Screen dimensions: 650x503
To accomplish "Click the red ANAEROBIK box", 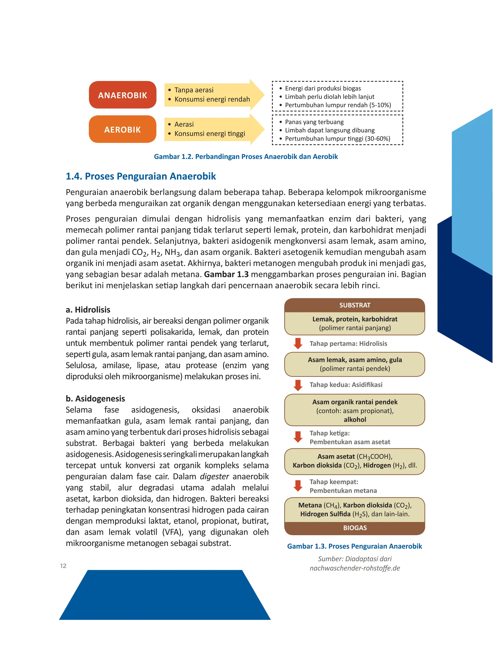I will pos(123,95).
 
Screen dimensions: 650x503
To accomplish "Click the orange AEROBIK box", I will pos(123,129).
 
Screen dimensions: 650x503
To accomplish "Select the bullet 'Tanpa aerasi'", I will pos(194,90).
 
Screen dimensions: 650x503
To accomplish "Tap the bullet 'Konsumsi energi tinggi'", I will pos(210,134).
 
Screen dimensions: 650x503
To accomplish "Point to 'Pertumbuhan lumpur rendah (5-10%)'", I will pos(338,105).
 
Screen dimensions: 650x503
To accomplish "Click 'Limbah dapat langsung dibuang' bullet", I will pos(330,130).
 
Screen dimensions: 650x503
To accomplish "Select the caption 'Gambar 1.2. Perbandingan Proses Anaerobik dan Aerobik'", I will pos(246,156).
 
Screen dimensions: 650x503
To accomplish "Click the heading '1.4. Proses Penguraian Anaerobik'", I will pos(141,176).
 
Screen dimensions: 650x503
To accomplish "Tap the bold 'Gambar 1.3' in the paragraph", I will pos(226,274).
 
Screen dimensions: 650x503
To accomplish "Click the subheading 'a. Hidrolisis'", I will pos(88,310).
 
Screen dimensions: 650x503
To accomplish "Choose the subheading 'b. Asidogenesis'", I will pos(95,399).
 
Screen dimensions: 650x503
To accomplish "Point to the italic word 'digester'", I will pos(214,477).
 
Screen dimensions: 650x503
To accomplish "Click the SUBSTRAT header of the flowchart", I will pos(355,305).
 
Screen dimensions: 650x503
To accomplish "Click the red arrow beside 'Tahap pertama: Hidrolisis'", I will pos(298,343).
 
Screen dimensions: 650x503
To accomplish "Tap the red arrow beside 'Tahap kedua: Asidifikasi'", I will pos(298,385).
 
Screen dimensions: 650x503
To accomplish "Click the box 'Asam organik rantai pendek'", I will pos(355,410).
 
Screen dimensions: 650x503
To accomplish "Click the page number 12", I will pos(63,566).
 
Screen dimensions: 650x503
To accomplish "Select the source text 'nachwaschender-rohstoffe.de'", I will pos(355,568).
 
